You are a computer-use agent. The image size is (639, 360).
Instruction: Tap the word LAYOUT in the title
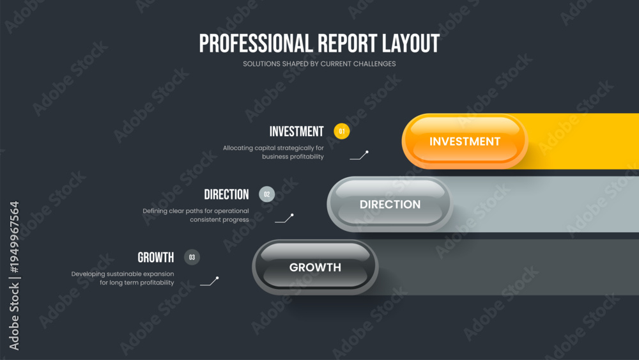411,43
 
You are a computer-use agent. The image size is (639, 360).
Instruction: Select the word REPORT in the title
347,43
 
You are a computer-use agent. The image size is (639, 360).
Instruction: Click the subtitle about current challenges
319,64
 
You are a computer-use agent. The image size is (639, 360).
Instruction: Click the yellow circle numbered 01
341,131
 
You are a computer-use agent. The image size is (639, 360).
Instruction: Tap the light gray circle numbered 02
267,194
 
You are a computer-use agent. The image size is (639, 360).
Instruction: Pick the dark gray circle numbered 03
192,257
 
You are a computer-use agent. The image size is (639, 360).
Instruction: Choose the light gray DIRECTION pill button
390,204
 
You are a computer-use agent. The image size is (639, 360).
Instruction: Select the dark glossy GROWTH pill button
315,267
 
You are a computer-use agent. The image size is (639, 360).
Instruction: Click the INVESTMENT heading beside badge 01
296,132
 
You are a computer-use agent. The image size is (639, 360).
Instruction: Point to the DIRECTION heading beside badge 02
226,194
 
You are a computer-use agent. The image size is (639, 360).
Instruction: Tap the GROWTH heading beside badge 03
156,258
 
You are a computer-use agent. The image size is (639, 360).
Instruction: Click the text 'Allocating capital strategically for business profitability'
273,152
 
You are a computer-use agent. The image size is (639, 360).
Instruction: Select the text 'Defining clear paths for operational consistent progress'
196,215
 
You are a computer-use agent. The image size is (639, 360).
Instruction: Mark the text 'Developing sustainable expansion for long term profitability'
123,278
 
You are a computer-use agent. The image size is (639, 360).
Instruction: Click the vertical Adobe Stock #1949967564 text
14,276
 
